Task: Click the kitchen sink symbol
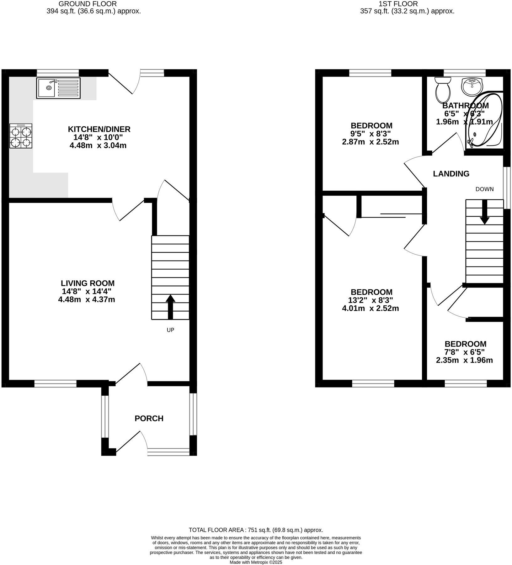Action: click(58, 88)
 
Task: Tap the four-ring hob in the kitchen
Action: click(21, 136)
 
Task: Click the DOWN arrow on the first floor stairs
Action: click(485, 212)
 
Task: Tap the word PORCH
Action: click(149, 418)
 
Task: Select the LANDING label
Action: click(451, 174)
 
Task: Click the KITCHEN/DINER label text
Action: click(99, 129)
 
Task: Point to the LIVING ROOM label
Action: click(88, 283)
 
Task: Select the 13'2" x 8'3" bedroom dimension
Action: click(371, 300)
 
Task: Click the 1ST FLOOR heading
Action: click(398, 4)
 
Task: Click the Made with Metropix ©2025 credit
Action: click(256, 562)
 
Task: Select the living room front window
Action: click(56, 383)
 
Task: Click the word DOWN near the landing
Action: click(484, 189)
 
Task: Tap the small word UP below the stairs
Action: click(170, 330)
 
